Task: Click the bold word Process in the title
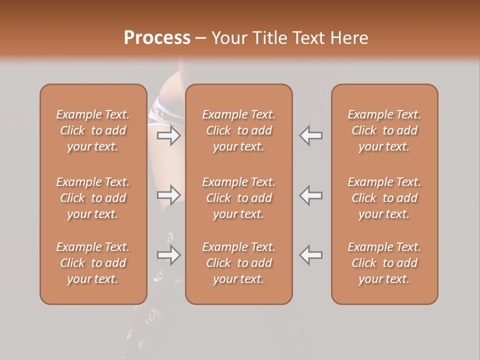pos(157,38)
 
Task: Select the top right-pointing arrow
pos(169,135)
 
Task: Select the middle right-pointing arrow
pos(169,194)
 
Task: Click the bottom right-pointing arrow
pos(169,255)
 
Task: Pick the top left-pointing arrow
pos(311,135)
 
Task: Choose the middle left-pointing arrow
pos(311,194)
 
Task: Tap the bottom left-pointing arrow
pos(311,255)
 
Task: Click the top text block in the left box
pos(93,130)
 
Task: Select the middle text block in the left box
pos(93,198)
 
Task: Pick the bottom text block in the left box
pos(93,263)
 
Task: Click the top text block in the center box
pos(238,130)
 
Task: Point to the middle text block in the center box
pos(238,198)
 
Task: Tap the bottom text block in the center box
pos(238,263)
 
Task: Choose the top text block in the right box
pos(384,130)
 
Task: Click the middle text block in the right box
pos(384,198)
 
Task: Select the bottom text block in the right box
pos(384,263)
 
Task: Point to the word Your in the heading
pos(228,38)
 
